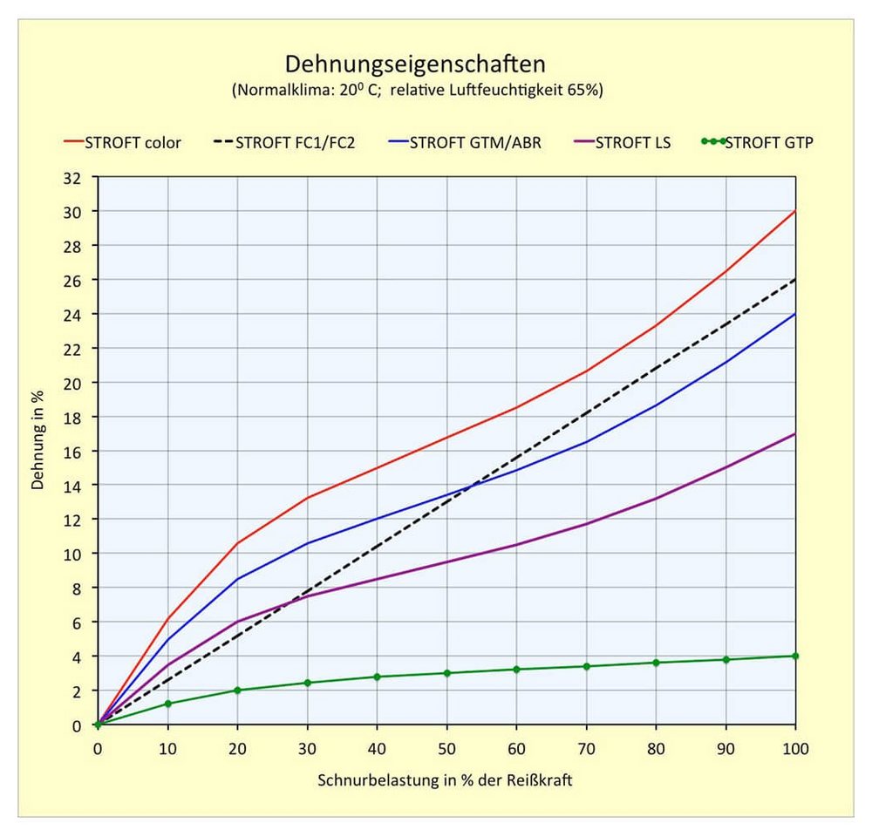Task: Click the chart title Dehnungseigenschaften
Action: click(x=415, y=65)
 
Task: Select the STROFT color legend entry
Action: click(x=122, y=143)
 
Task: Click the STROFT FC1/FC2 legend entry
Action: click(x=283, y=143)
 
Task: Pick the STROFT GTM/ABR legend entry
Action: click(x=465, y=143)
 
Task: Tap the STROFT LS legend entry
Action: click(x=622, y=143)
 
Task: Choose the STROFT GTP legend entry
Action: click(x=758, y=143)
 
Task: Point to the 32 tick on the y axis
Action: click(x=72, y=179)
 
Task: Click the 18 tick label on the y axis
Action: click(x=72, y=418)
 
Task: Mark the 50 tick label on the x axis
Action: click(x=446, y=749)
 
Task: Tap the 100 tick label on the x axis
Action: click(x=795, y=749)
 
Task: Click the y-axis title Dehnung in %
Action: click(x=37, y=440)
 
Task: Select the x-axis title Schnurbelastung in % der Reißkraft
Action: click(x=445, y=780)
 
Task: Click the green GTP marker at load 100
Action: click(x=795, y=657)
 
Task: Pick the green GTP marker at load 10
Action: click(x=168, y=704)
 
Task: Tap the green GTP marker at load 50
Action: click(x=447, y=673)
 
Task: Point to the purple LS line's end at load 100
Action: click(x=795, y=434)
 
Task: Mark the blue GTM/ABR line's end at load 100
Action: click(x=795, y=314)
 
